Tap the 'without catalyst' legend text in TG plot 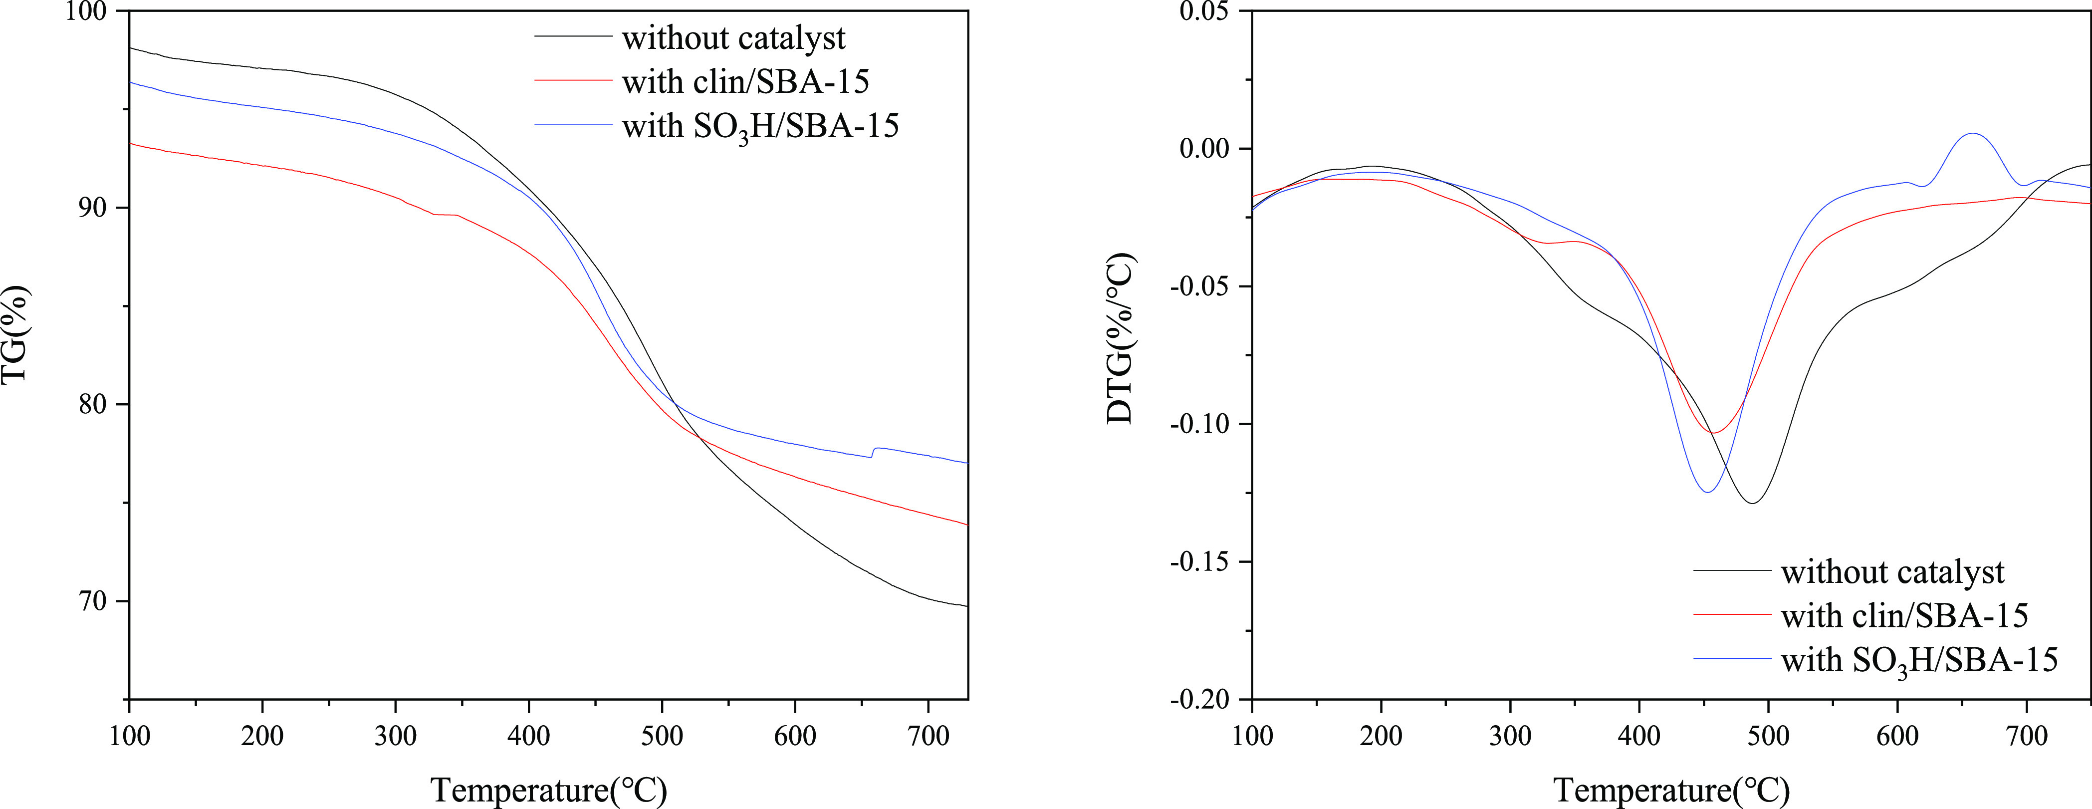tap(733, 38)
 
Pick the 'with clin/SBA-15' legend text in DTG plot tap(1904, 616)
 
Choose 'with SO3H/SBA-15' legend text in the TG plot tap(760, 127)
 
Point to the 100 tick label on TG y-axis tap(93, 11)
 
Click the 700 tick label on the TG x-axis tap(928, 736)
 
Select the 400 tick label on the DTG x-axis tap(1639, 736)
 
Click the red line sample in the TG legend tap(573, 80)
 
